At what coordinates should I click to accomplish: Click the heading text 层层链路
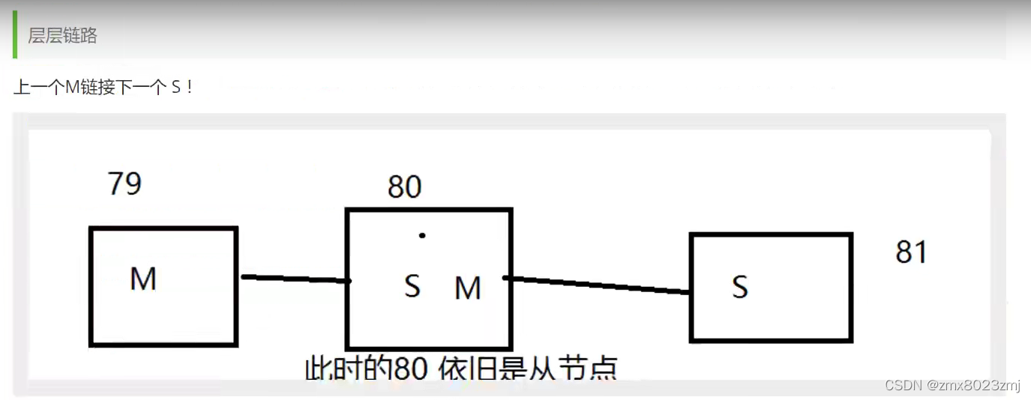pyautogui.click(x=62, y=35)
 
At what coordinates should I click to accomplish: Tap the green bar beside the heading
pyautogui.click(x=15, y=34)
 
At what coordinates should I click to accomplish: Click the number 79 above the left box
pyautogui.click(x=124, y=183)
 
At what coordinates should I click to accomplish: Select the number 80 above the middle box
pyautogui.click(x=404, y=187)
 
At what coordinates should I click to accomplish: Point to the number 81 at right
pyautogui.click(x=911, y=252)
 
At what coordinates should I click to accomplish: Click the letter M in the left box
pyautogui.click(x=143, y=279)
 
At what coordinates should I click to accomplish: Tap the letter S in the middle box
pyautogui.click(x=412, y=285)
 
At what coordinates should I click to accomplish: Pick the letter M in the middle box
pyautogui.click(x=468, y=288)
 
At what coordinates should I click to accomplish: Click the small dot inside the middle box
pyautogui.click(x=422, y=235)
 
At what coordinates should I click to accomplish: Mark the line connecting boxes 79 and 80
pyautogui.click(x=295, y=279)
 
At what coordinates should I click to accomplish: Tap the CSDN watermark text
pyautogui.click(x=904, y=385)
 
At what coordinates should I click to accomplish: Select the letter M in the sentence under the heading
pyautogui.click(x=72, y=88)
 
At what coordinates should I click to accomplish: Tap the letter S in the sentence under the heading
pyautogui.click(x=176, y=88)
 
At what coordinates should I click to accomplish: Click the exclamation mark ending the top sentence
pyautogui.click(x=190, y=88)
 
